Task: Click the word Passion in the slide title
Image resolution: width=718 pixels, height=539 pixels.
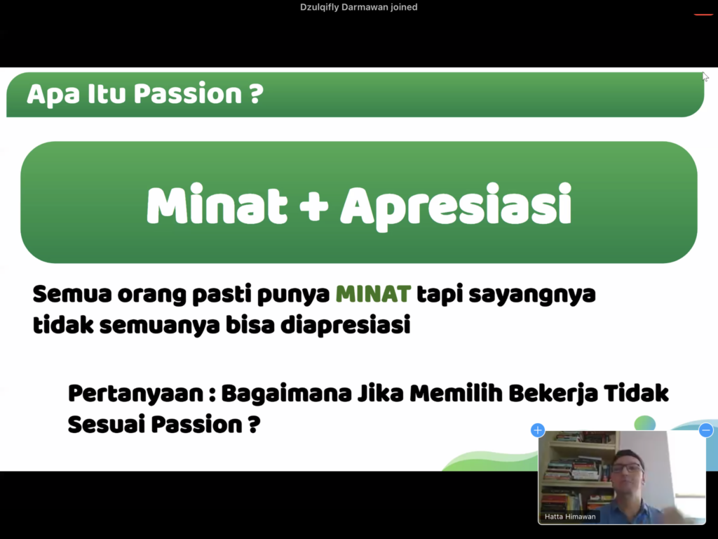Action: [x=188, y=94]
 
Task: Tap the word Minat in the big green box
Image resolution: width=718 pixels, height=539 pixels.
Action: [x=217, y=205]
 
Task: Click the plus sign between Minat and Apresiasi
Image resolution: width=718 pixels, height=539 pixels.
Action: [x=313, y=206]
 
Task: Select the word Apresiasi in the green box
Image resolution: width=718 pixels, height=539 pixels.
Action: [x=456, y=207]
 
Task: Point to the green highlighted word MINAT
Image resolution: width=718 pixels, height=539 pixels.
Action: [x=373, y=294]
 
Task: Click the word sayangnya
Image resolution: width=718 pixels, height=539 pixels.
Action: [x=532, y=295]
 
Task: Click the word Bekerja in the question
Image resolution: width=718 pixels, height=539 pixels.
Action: [x=553, y=394]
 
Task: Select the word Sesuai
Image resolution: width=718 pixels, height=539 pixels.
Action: [x=109, y=425]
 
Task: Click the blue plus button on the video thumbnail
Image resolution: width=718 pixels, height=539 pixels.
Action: [x=538, y=430]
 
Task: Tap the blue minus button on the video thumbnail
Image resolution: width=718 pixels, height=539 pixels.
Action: [x=705, y=430]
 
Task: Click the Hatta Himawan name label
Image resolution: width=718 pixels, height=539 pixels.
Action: [x=570, y=517]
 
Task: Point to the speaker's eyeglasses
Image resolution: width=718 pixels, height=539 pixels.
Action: [x=627, y=468]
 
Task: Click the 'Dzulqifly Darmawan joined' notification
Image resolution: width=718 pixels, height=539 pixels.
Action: [x=358, y=7]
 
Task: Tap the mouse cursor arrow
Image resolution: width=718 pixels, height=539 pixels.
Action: [x=705, y=76]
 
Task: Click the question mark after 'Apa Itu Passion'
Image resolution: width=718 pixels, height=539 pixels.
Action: [x=257, y=94]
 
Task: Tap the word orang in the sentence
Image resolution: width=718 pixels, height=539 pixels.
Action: [x=151, y=295]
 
